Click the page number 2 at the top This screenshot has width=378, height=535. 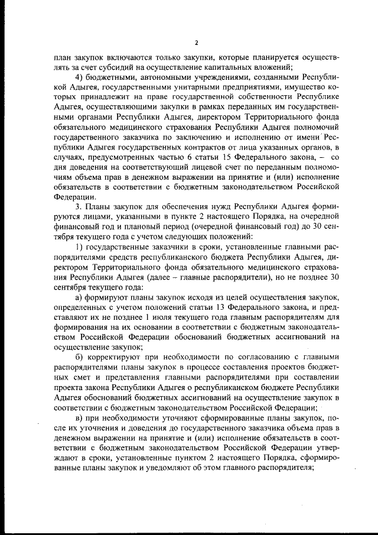click(196, 43)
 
